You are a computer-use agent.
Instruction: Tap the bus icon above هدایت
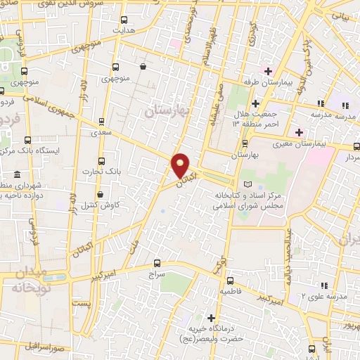coord(124,20)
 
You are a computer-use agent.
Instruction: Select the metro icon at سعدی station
coord(103,121)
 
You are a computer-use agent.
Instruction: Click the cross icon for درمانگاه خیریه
coord(211,319)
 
